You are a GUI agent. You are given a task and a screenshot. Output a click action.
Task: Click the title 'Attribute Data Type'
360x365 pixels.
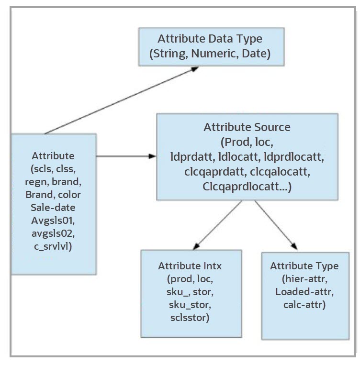pos(210,39)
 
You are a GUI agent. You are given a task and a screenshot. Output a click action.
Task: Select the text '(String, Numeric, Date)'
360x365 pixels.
pos(210,54)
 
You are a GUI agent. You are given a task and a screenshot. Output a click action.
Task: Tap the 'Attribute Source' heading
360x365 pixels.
pos(247,127)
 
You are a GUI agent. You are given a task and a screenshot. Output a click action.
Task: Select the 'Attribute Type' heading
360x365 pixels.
pos(304,266)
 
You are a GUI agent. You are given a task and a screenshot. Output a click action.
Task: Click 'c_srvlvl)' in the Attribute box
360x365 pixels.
pos(53,246)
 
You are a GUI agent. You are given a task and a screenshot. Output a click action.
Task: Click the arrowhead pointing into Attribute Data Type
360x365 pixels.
pos(193,68)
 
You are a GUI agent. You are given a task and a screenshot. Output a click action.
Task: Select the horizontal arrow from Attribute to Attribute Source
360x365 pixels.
pos(127,156)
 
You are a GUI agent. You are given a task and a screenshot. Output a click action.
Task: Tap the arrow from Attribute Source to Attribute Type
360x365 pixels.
pos(276,224)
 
